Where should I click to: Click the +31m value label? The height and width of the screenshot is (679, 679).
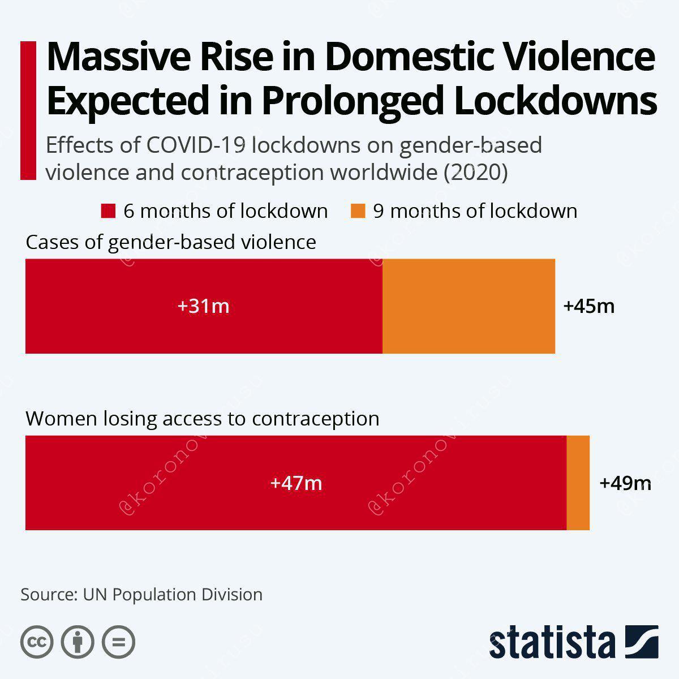click(203, 306)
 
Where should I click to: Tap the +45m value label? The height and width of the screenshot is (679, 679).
click(589, 306)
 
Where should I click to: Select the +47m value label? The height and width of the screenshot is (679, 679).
click(296, 483)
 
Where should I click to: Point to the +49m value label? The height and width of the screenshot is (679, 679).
click(625, 483)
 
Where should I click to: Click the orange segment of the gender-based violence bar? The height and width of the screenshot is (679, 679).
click(469, 306)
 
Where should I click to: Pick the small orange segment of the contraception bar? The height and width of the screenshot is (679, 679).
click(578, 483)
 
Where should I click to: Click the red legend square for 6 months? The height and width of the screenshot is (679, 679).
click(108, 211)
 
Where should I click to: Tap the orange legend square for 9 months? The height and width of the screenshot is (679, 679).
click(358, 211)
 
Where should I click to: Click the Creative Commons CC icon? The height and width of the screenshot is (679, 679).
click(37, 642)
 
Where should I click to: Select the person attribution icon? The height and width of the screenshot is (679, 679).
click(78, 642)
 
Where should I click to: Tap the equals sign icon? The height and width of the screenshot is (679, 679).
click(118, 642)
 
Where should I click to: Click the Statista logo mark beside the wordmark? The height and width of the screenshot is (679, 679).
click(642, 642)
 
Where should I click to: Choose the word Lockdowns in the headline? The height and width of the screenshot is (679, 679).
click(556, 100)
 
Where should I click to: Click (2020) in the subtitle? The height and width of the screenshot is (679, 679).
click(476, 173)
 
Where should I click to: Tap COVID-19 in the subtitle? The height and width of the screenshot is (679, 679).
click(196, 145)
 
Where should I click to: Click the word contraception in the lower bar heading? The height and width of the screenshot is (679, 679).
click(315, 419)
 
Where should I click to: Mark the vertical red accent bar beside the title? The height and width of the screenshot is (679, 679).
click(28, 111)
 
